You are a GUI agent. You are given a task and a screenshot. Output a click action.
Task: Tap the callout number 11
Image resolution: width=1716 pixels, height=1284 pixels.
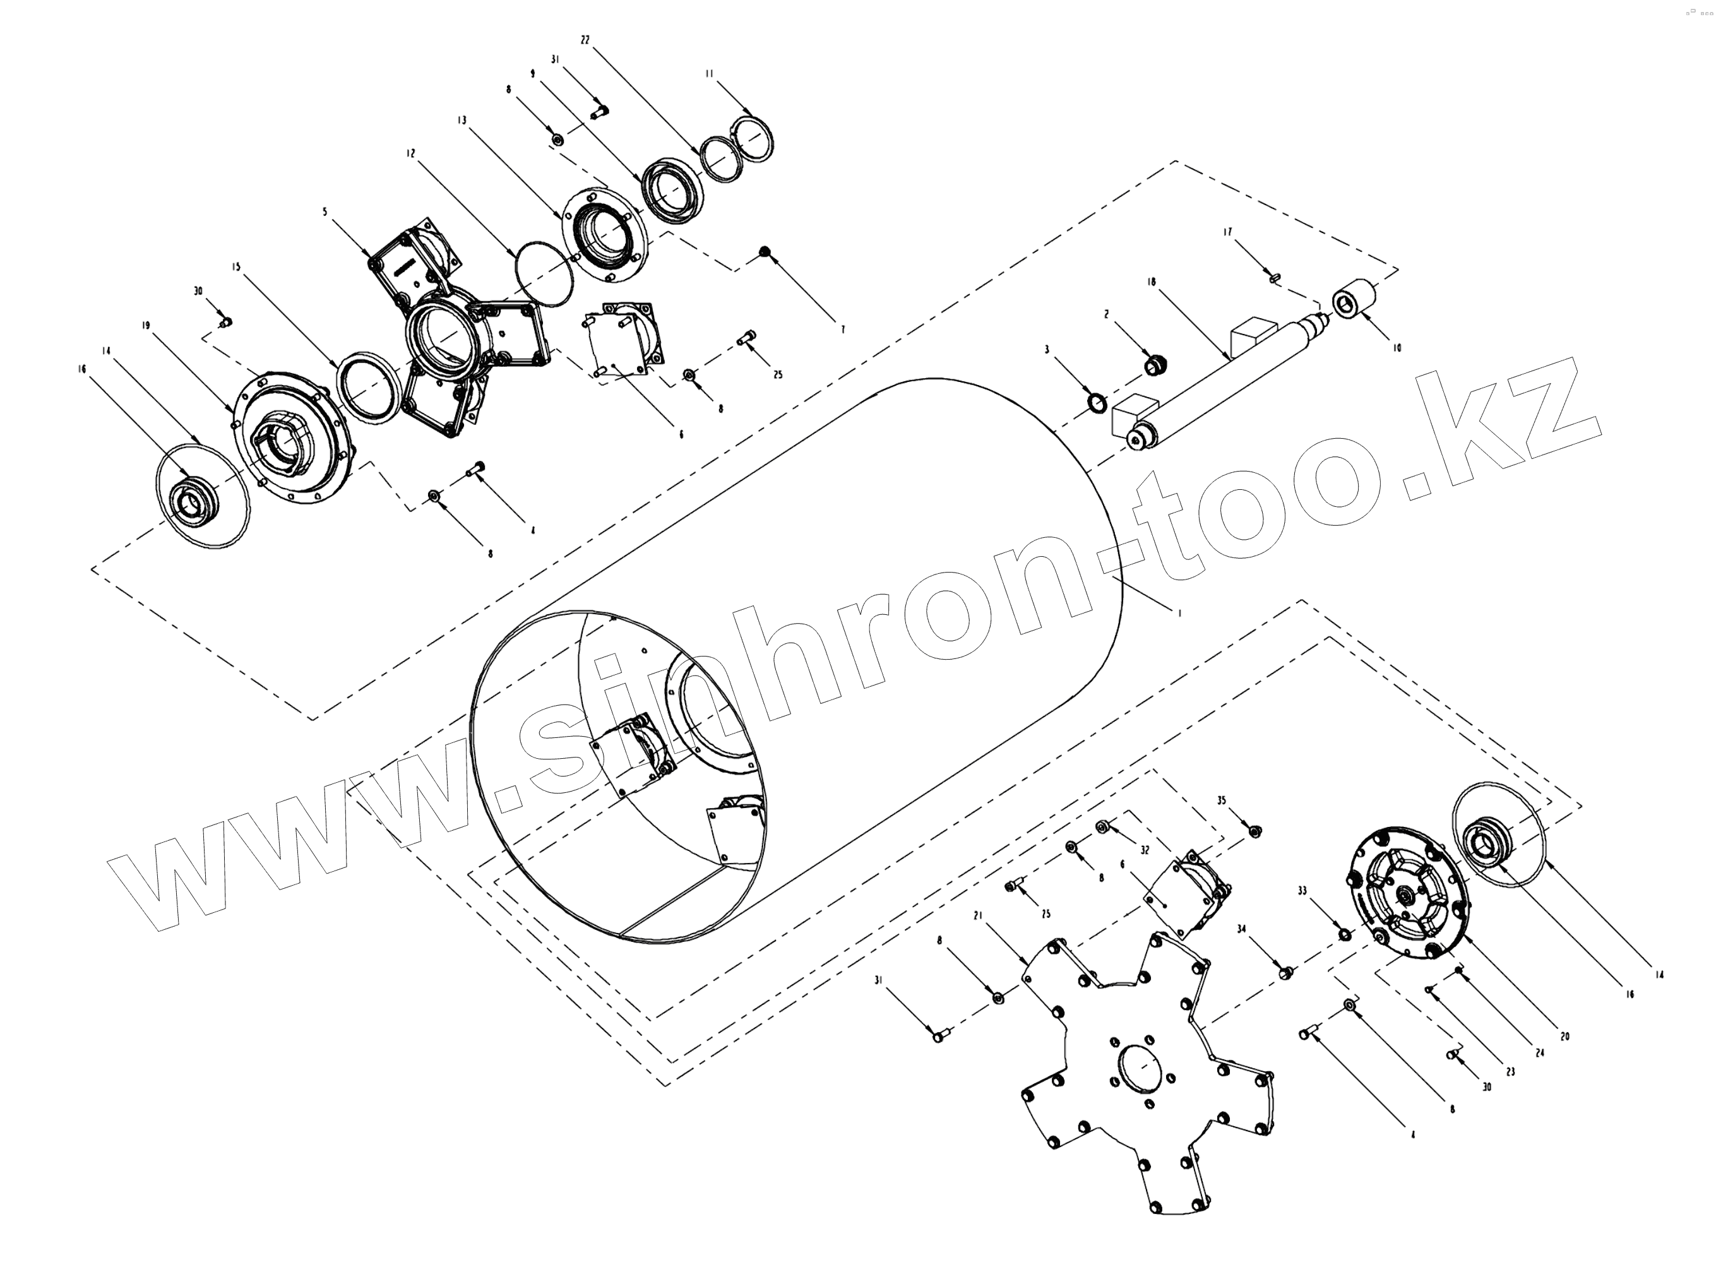709,74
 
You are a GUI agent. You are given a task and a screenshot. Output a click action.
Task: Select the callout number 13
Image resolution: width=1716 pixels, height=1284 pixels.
462,120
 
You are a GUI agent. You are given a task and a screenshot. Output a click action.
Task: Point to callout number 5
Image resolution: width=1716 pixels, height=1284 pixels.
326,211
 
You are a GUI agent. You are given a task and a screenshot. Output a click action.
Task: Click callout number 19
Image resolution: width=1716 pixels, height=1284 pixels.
146,326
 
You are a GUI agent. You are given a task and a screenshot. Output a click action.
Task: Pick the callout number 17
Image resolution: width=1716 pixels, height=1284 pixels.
1227,232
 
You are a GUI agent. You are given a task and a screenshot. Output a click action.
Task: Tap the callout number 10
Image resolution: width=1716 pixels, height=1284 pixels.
1397,348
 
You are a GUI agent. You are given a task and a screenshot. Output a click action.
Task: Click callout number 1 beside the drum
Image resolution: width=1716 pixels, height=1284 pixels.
1179,613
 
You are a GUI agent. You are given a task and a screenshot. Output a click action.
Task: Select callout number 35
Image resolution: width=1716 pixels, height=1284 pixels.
1221,800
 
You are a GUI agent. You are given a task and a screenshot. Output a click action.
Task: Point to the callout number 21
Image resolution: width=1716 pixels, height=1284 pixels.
978,916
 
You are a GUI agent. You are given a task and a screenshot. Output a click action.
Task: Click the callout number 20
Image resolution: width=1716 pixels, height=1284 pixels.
1564,1037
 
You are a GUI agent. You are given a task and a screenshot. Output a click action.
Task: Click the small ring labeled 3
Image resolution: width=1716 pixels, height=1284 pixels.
1097,403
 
